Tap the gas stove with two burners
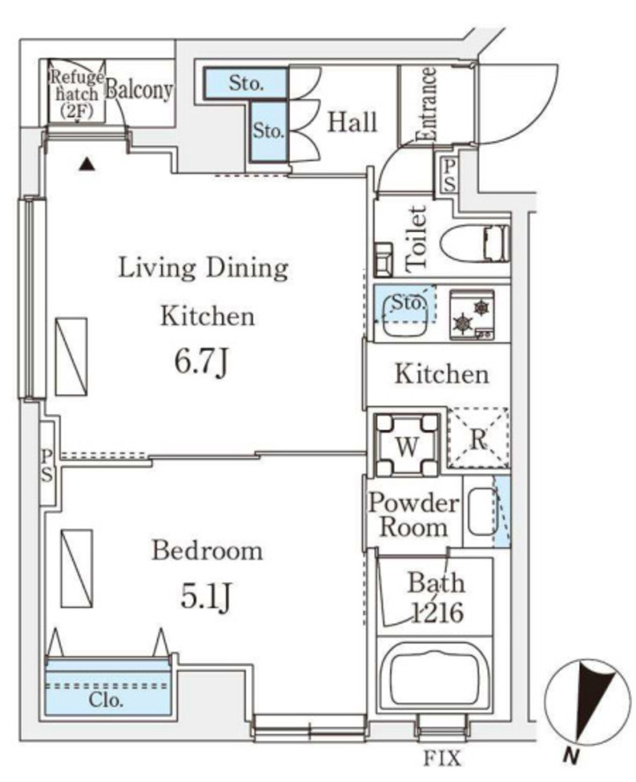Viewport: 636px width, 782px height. click(x=472, y=315)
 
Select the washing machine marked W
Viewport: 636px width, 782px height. click(x=407, y=445)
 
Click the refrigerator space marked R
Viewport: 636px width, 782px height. click(x=478, y=438)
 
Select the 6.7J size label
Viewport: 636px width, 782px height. click(x=202, y=362)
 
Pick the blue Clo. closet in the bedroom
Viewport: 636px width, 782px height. click(x=108, y=688)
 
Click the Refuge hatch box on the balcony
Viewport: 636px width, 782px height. click(x=77, y=92)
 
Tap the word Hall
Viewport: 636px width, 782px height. click(x=352, y=122)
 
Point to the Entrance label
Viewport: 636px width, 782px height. click(x=427, y=104)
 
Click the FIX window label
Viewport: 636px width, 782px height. click(x=442, y=758)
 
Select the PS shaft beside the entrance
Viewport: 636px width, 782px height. click(x=448, y=175)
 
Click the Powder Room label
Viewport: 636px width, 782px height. click(x=413, y=515)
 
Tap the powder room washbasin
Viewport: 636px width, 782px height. click(x=483, y=511)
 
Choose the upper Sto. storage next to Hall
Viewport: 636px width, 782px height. click(x=246, y=82)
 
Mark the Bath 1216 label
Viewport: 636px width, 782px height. click(x=436, y=598)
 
